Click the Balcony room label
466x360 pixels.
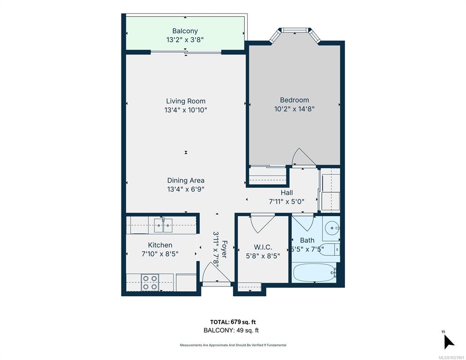tap(185, 31)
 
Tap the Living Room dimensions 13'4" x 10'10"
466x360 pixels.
tap(186, 110)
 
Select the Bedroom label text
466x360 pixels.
tap(294, 100)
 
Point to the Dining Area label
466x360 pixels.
tap(186, 180)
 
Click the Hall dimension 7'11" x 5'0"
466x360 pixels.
tap(286, 201)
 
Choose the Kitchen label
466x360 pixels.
tap(160, 245)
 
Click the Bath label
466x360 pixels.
tap(307, 240)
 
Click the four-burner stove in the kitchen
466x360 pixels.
tap(150, 282)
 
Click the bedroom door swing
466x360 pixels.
tap(298, 157)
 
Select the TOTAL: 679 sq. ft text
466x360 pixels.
tap(233, 322)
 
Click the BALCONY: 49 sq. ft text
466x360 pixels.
tap(231, 330)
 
